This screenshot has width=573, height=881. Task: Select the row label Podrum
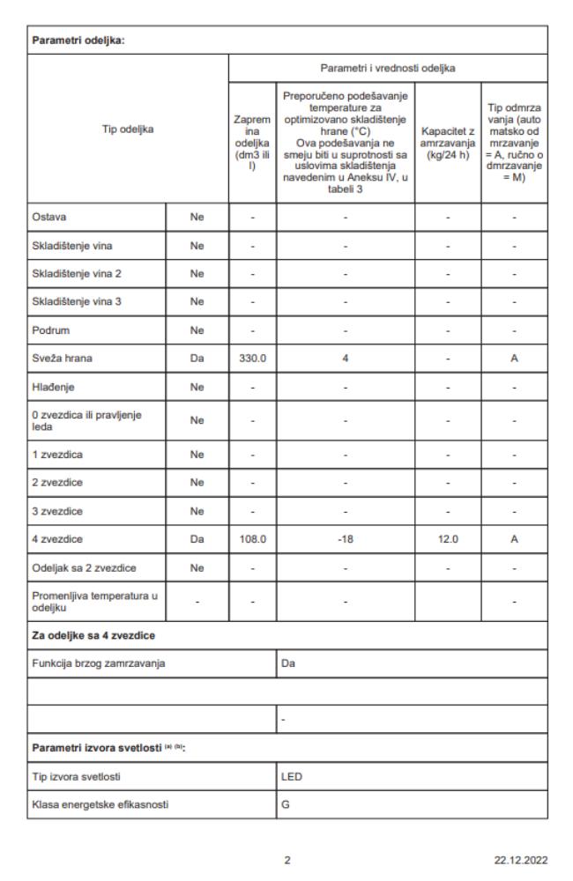tap(49, 332)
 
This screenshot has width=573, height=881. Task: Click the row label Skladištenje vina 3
tap(77, 303)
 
